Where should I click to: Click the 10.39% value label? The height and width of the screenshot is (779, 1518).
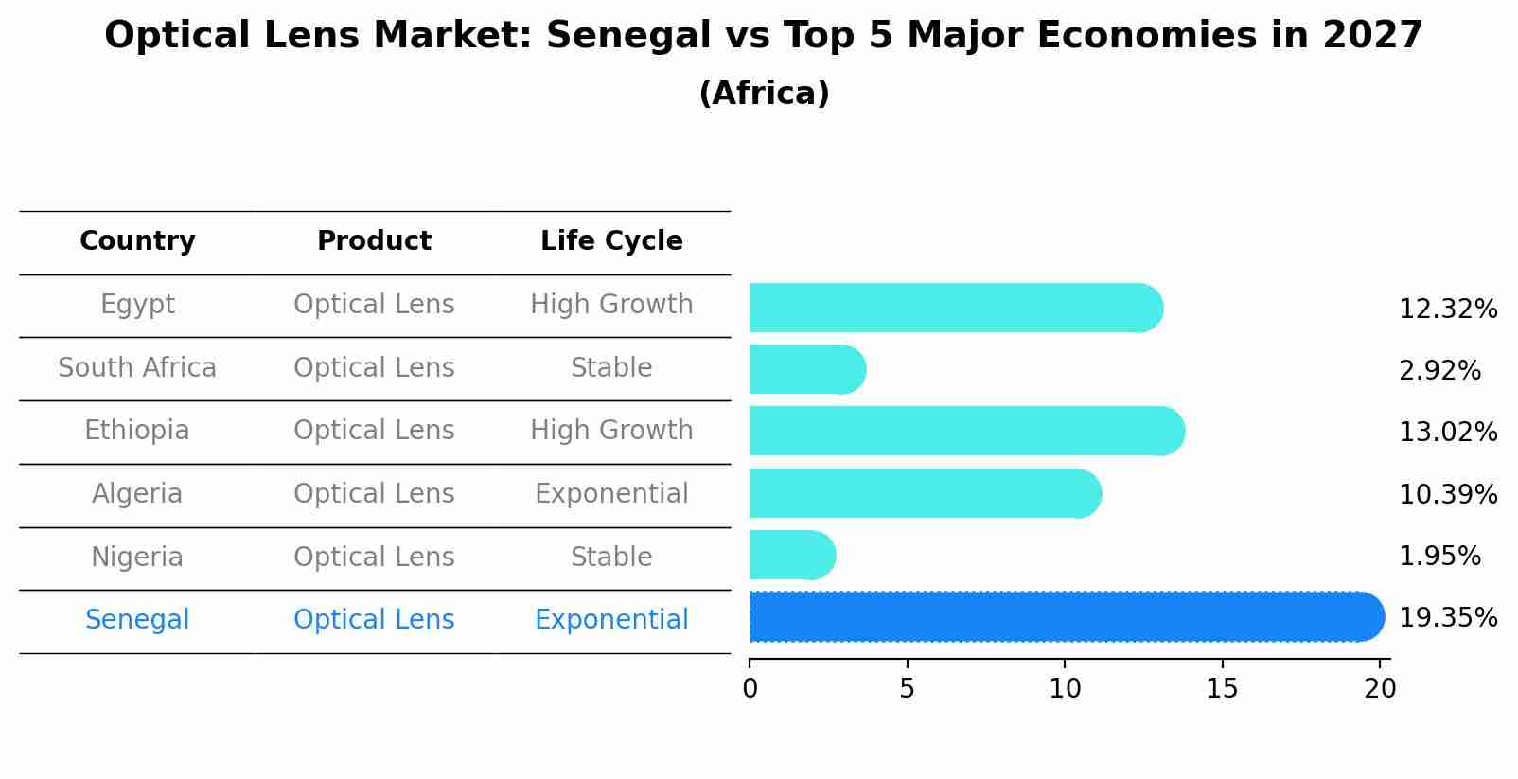(1447, 494)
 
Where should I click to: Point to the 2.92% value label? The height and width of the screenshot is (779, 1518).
(1439, 370)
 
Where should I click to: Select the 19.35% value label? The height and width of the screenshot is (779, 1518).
(1447, 618)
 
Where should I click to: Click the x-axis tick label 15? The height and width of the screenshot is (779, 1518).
(1222, 689)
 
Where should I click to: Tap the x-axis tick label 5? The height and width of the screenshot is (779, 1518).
(907, 689)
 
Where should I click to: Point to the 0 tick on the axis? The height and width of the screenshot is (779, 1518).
(750, 689)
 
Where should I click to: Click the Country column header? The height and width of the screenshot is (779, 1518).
(137, 241)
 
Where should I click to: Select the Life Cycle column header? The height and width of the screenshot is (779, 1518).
(611, 241)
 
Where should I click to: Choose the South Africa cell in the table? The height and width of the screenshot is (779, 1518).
(137, 367)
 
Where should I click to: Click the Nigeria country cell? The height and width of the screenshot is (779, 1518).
(137, 557)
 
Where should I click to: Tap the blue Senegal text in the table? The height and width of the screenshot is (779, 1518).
(137, 620)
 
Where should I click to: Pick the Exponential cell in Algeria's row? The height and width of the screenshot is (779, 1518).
(611, 494)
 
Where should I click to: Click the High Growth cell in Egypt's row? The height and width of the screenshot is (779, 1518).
(611, 305)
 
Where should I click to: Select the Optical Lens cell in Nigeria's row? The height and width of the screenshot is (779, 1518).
(374, 557)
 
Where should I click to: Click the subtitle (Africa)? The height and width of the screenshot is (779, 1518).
(764, 94)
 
